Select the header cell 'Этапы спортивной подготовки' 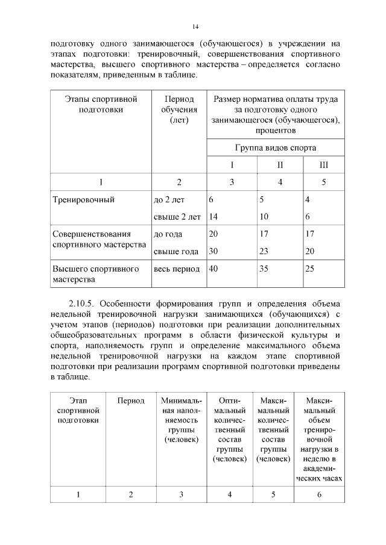click(101, 104)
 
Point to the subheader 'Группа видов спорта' click(275, 148)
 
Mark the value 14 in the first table click(214, 216)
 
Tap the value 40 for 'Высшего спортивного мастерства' click(214, 269)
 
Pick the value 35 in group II click(264, 269)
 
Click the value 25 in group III click(310, 269)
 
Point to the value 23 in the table click(264, 251)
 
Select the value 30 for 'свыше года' click(214, 251)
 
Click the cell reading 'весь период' click(177, 269)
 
